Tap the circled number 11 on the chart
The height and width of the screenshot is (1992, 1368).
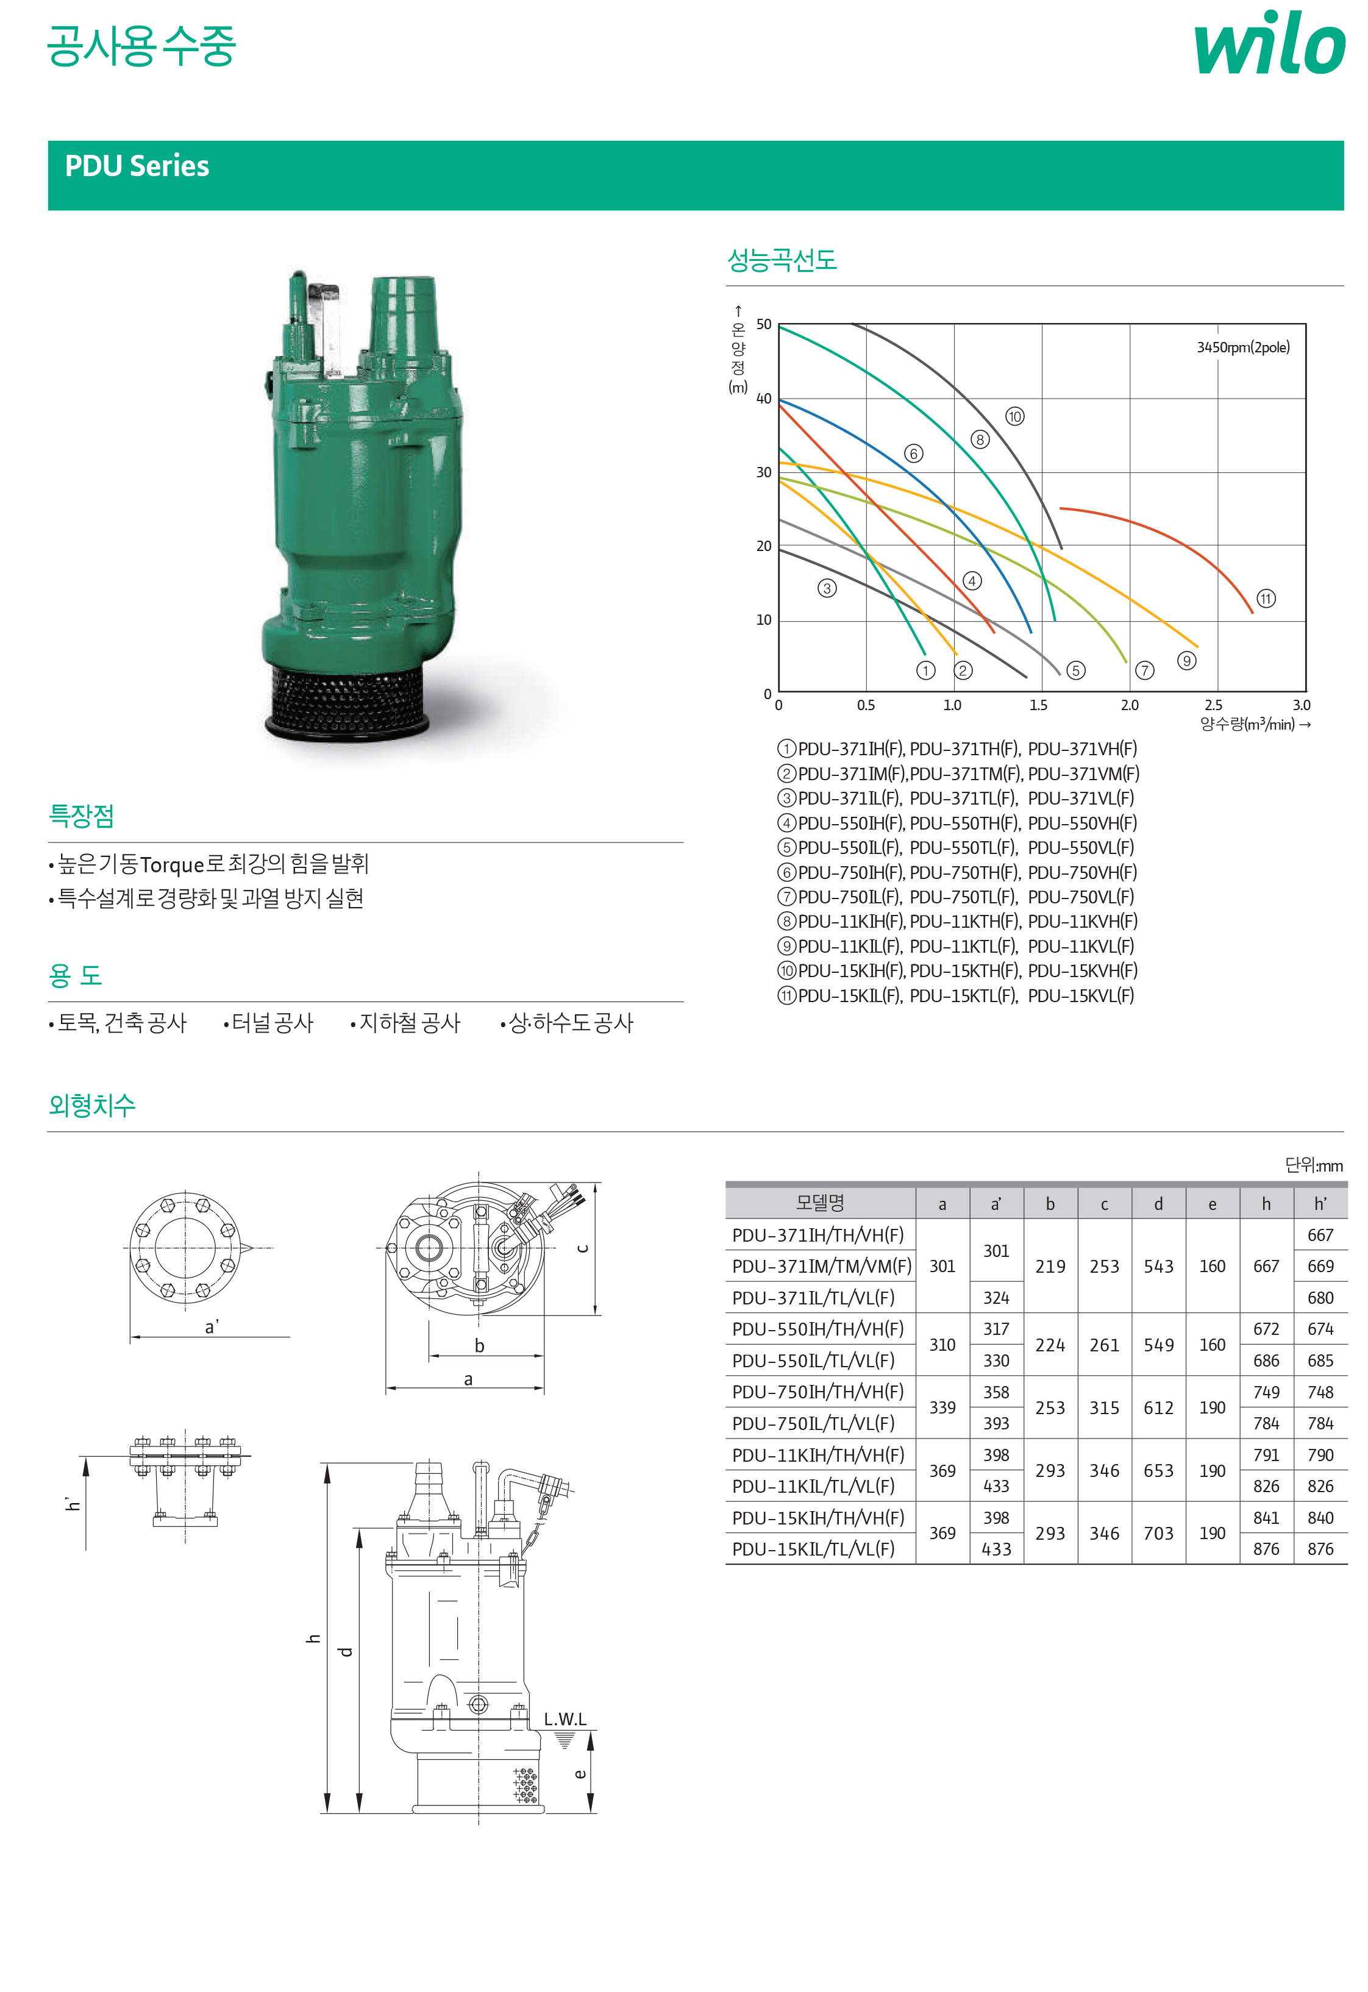point(1266,599)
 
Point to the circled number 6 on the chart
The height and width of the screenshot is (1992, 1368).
point(914,454)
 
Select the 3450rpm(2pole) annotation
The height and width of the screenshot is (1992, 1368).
point(1243,347)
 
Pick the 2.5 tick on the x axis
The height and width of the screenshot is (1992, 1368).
point(1214,705)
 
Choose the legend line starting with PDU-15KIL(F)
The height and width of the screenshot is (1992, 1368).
point(956,996)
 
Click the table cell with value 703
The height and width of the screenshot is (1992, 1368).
point(1158,1534)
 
